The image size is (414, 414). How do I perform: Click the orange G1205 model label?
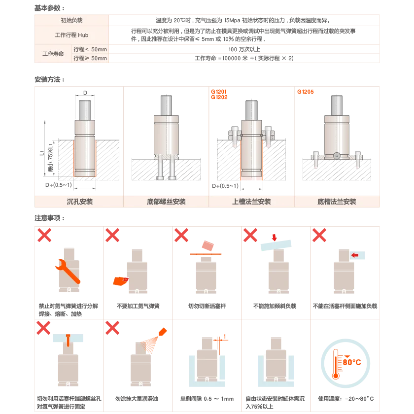coord(305,92)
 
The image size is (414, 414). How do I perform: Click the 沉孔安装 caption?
coord(79,202)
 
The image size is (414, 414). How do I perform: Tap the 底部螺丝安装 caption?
coord(166,202)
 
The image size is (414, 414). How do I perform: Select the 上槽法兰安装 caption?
coord(251,202)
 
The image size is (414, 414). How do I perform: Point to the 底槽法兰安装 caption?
coord(337,202)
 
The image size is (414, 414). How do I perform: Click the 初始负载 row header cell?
coord(71,20)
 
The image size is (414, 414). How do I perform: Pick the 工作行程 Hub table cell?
coord(71,35)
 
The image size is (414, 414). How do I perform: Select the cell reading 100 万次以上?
coord(244,49)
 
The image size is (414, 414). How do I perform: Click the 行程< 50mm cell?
coord(90,49)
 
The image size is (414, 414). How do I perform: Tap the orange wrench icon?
coord(68,271)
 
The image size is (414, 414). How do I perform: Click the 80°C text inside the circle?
coord(352,362)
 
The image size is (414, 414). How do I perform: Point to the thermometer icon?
coord(336,364)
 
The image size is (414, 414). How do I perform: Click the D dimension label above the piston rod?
coord(85,93)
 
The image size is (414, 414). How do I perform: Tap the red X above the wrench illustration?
coord(44,235)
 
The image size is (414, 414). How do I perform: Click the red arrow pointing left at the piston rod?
coord(354,255)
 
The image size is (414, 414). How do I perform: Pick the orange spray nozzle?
coord(163,332)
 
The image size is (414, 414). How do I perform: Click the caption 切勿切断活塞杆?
coord(207,306)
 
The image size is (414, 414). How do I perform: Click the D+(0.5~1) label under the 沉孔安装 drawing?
coord(58,185)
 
